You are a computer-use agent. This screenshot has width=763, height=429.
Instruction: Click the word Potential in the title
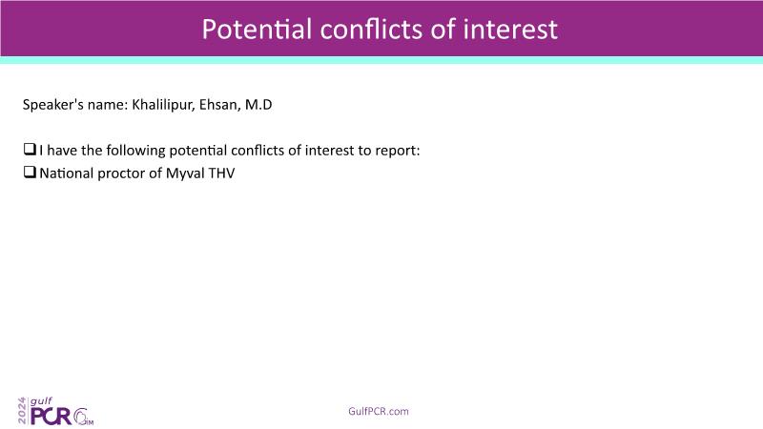click(x=257, y=30)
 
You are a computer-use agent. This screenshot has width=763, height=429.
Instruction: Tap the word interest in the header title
click(x=510, y=30)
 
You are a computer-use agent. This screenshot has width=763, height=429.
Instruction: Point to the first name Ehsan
click(x=219, y=105)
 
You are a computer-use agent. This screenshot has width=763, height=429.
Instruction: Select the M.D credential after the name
click(x=258, y=105)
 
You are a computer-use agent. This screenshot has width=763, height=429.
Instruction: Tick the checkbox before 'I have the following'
click(x=30, y=149)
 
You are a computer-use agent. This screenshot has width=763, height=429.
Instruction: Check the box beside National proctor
click(x=30, y=172)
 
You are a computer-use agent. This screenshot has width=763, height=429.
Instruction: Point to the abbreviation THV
click(x=222, y=174)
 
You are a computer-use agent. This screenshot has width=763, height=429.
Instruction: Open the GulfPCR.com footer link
click(x=379, y=412)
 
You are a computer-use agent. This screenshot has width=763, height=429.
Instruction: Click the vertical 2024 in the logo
click(x=22, y=410)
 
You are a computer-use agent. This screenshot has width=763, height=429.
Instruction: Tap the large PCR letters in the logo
click(x=52, y=416)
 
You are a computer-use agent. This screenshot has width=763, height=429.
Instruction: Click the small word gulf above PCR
click(x=41, y=401)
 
